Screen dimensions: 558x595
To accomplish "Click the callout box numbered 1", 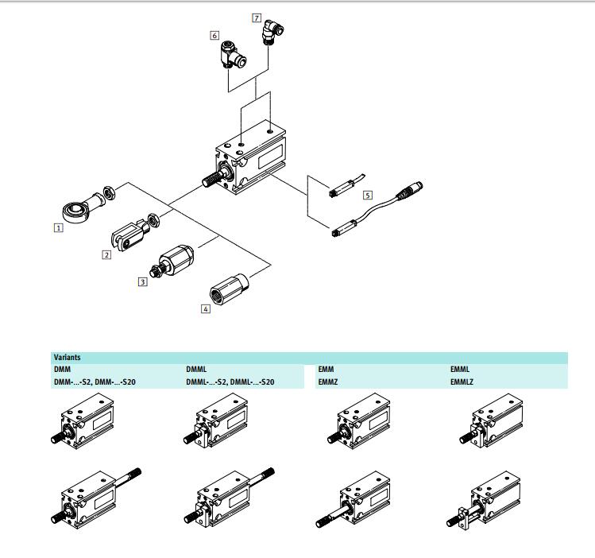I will [58, 227].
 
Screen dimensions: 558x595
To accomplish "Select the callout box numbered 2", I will [106, 254].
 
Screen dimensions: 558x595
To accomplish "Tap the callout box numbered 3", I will [143, 281].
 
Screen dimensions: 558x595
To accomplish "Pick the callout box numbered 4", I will [206, 308].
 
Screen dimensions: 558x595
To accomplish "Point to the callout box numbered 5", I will [367, 194].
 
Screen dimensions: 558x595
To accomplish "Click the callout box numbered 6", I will [214, 35].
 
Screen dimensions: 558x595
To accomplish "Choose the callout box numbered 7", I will [257, 17].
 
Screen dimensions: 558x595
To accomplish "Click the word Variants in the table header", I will [67, 358].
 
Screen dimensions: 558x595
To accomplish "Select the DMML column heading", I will [196, 370].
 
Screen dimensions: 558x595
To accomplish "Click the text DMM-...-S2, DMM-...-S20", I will [95, 382].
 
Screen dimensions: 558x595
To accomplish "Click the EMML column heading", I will [461, 370].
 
